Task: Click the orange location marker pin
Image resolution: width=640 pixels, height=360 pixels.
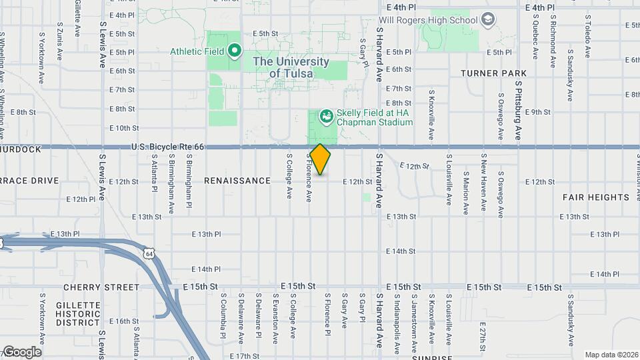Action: pyautogui.click(x=320, y=159)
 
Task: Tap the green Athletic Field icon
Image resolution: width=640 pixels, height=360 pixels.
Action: pyautogui.click(x=234, y=51)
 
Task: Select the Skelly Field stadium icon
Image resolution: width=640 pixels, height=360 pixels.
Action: pyautogui.click(x=326, y=117)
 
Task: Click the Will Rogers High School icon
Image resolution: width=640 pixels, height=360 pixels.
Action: pyautogui.click(x=489, y=19)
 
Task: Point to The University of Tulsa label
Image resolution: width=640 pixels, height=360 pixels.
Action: pyautogui.click(x=291, y=67)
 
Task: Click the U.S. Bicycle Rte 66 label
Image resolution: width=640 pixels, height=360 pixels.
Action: pyautogui.click(x=167, y=147)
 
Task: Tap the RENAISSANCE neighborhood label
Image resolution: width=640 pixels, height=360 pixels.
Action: pyautogui.click(x=237, y=181)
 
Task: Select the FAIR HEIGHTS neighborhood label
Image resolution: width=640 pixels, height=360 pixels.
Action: pyautogui.click(x=595, y=197)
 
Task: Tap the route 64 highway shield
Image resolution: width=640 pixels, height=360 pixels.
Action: pyautogui.click(x=148, y=253)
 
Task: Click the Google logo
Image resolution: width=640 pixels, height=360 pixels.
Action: pyautogui.click(x=22, y=351)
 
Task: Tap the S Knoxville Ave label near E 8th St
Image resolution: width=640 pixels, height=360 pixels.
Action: pyautogui.click(x=431, y=115)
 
